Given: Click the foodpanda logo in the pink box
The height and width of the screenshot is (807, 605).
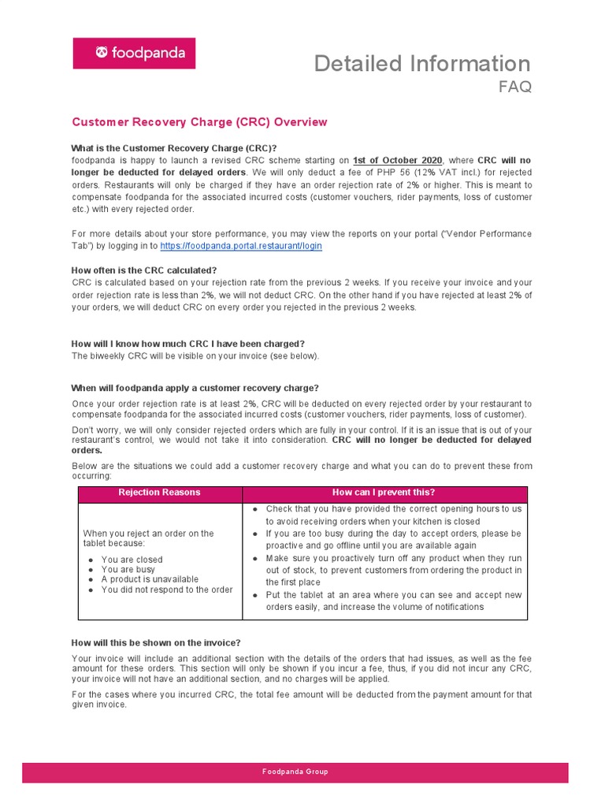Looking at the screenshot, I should tap(134, 54).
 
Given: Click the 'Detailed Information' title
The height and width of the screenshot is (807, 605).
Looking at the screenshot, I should tap(422, 63).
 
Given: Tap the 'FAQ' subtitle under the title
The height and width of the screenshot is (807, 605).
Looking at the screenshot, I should tap(514, 87).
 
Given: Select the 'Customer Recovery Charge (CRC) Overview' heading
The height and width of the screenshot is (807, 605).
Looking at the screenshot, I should tap(199, 122).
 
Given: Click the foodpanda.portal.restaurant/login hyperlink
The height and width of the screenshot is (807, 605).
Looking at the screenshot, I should tap(241, 246).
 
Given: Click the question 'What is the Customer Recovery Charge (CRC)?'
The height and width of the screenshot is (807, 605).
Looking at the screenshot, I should tap(174, 148).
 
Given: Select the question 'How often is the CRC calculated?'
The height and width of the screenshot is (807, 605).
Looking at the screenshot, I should tap(143, 270).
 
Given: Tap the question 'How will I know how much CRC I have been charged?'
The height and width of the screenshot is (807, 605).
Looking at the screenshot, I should tap(187, 344).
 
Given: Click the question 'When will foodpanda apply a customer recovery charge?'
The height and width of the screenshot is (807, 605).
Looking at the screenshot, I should tap(195, 388).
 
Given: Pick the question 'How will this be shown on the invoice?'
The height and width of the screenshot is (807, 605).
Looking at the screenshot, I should tap(156, 642).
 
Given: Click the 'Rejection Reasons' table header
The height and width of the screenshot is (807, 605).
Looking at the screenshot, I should tap(159, 493).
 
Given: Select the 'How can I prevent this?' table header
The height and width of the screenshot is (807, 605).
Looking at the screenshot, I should tap(384, 493).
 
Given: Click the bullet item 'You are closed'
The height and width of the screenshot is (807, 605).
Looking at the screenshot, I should tap(132, 560).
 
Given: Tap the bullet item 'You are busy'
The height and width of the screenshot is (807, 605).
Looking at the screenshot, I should tap(128, 569).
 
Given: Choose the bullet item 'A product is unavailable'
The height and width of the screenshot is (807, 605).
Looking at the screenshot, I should tap(150, 579).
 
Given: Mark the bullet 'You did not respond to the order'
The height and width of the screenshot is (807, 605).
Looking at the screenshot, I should tap(167, 589).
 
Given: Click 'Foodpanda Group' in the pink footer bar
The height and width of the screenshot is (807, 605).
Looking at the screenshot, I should tap(295, 772).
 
